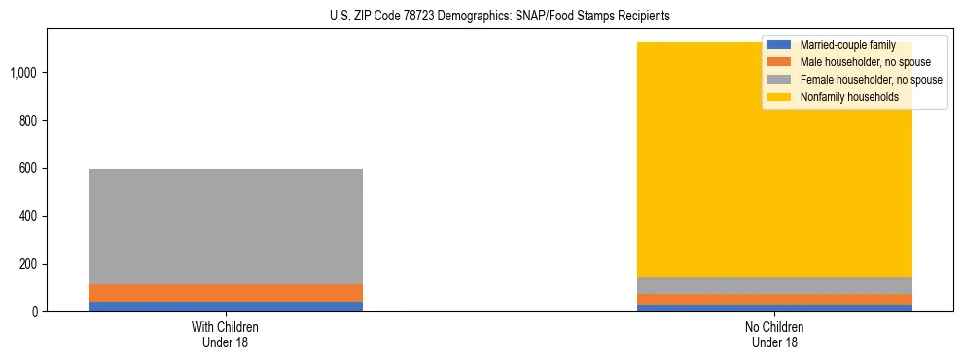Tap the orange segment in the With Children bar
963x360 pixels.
(226, 293)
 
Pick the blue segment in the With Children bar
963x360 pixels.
(226, 306)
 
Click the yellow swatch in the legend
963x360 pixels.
(779, 97)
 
